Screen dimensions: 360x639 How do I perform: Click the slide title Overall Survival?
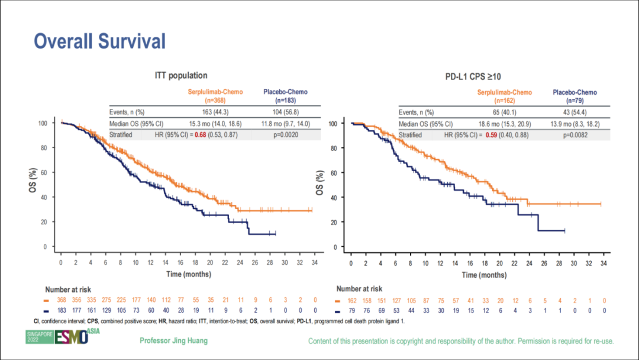pyautogui.click(x=99, y=41)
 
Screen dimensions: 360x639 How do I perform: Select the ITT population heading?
pyautogui.click(x=181, y=76)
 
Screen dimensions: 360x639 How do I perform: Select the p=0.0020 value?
pyautogui.click(x=285, y=135)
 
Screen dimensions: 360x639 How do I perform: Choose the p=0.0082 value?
pyautogui.click(x=575, y=135)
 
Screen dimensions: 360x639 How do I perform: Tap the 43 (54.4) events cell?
pyautogui.click(x=575, y=112)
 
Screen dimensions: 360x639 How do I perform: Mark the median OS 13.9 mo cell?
pyautogui.click(x=575, y=124)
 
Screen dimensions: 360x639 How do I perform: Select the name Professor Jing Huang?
pyautogui.click(x=174, y=341)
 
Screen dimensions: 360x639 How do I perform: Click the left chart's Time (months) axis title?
pyautogui.click(x=190, y=275)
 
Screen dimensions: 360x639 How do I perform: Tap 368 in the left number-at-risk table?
pyautogui.click(x=61, y=301)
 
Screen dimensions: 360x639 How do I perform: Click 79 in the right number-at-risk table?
pyautogui.click(x=351, y=310)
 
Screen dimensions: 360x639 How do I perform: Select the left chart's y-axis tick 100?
pyautogui.click(x=43, y=123)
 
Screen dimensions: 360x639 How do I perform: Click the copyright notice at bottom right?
pyautogui.click(x=461, y=342)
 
